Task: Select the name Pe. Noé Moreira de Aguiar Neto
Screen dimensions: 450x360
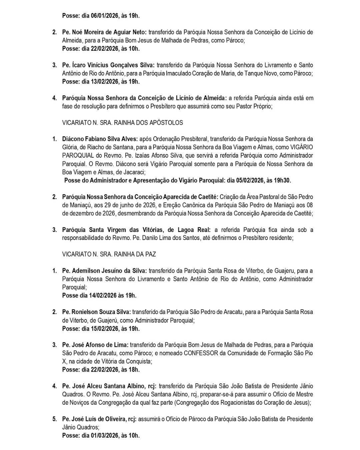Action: click(x=104, y=32)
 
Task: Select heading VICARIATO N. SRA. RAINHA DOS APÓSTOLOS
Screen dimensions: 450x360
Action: click(x=122, y=123)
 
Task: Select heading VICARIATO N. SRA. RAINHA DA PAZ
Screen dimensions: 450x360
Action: click(x=109, y=254)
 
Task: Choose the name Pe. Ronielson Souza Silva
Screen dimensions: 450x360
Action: click(x=96, y=312)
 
